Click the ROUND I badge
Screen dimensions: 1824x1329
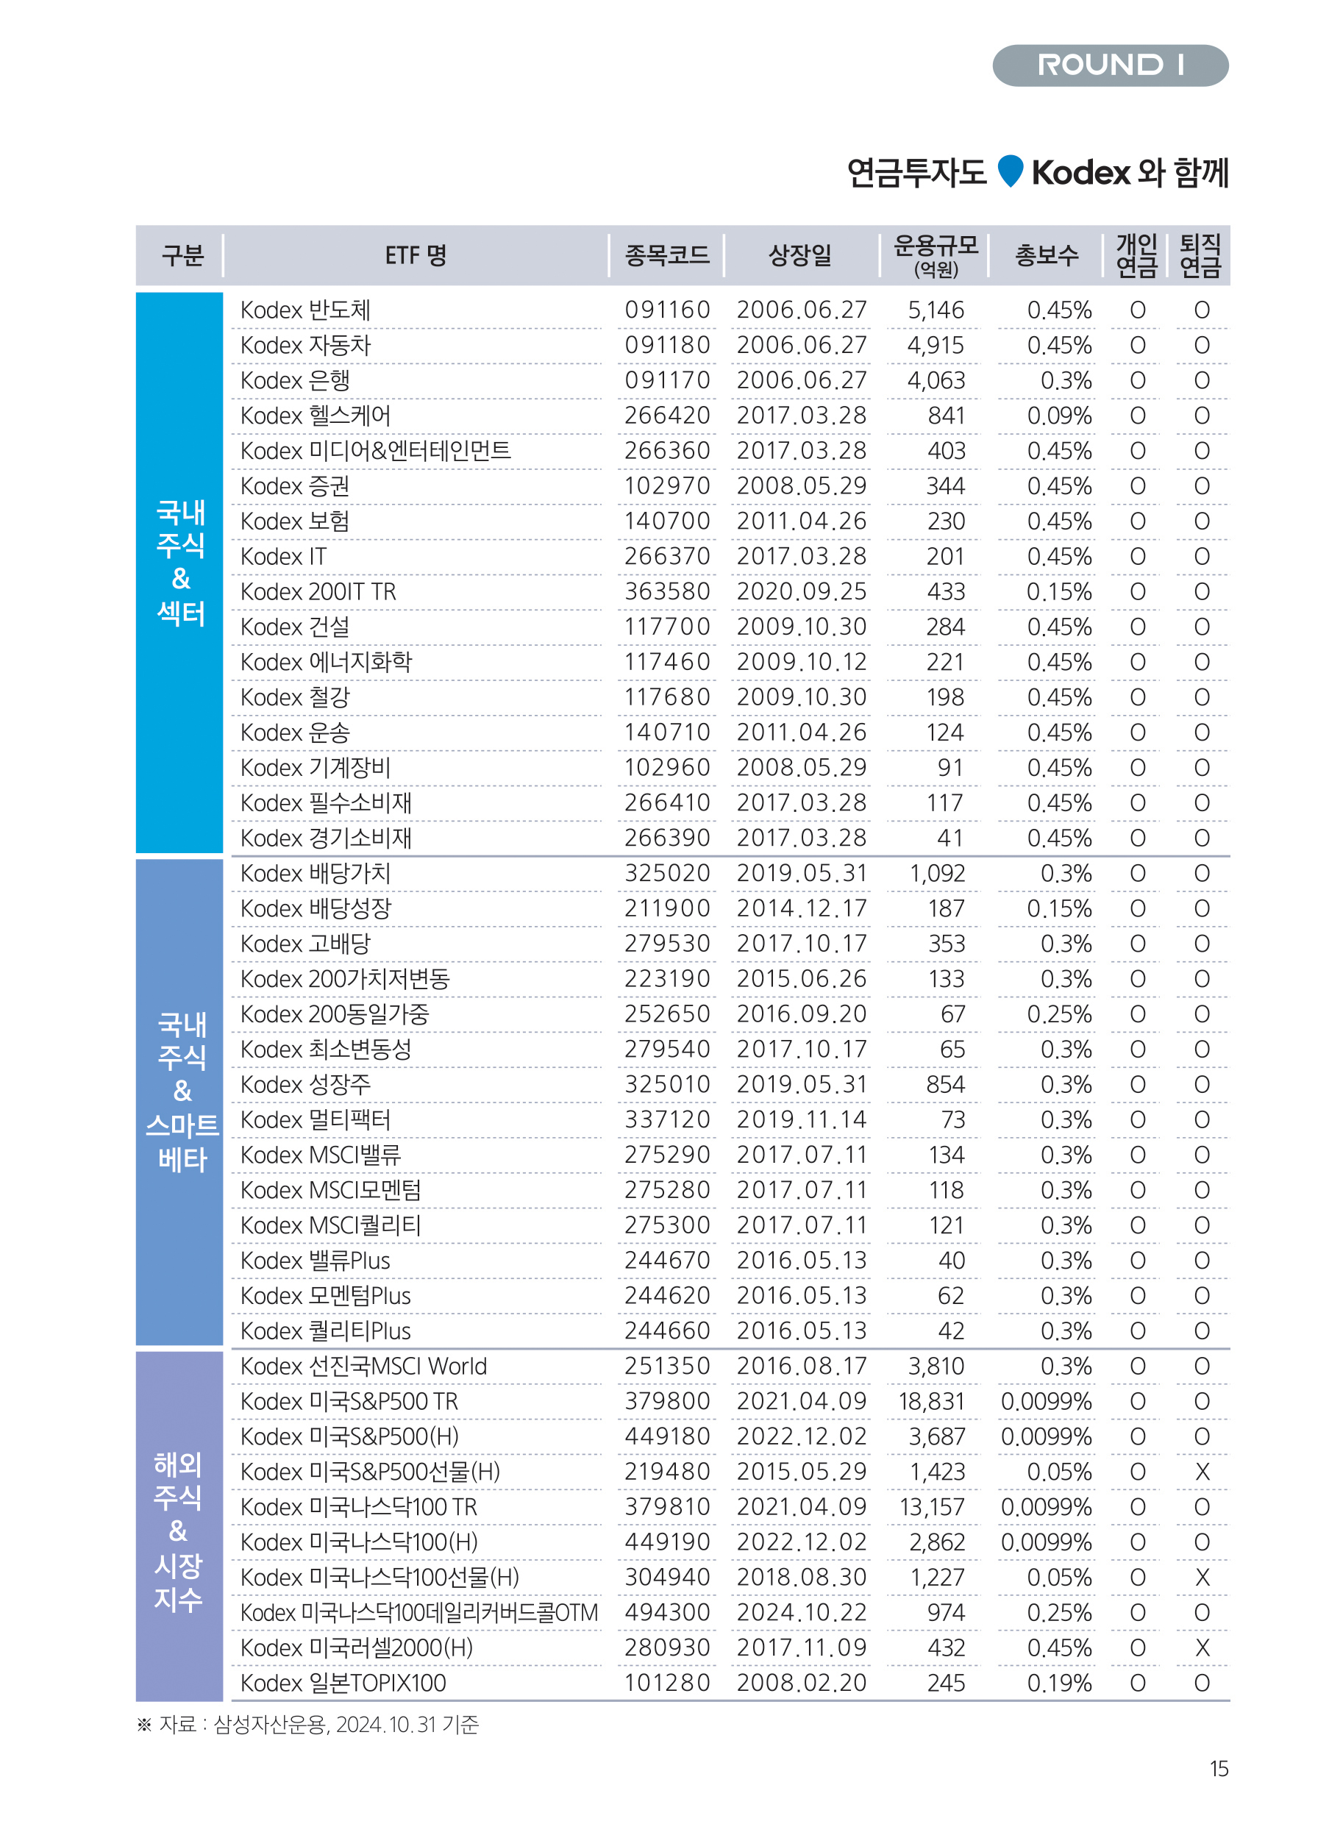coord(1109,65)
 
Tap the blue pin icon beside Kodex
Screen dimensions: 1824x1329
coord(1010,171)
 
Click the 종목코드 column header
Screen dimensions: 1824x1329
coord(667,256)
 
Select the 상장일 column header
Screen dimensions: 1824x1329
coord(800,256)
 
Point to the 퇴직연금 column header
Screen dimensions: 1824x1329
coord(1200,256)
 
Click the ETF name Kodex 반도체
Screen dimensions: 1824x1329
coord(305,310)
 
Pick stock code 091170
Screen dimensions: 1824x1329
coord(667,380)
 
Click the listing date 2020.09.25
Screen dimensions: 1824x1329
coord(801,592)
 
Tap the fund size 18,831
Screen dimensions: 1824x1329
coord(931,1402)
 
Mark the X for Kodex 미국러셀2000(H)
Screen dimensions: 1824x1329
coord(1202,1647)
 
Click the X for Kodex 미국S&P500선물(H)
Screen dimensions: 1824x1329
coord(1202,1472)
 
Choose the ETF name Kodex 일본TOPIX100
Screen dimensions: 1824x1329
coord(343,1684)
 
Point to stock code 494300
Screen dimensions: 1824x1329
coord(667,1612)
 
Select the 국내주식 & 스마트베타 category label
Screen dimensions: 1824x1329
coord(182,1091)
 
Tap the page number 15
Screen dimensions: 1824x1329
coord(1219,1769)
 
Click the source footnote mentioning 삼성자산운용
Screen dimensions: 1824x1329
coord(308,1724)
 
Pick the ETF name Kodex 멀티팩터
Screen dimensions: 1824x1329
coord(316,1120)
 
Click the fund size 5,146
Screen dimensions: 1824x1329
coord(936,310)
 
